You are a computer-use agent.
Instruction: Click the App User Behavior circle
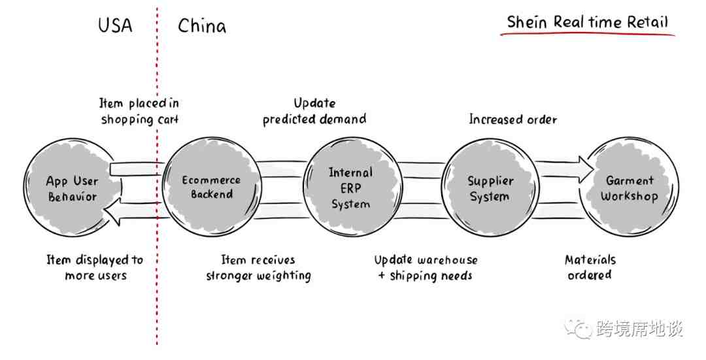coord(72,188)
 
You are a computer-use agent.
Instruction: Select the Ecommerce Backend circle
coord(212,188)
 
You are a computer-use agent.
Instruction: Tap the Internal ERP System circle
coord(353,188)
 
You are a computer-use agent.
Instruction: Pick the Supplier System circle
coord(490,188)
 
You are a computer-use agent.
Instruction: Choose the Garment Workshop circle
coord(629,188)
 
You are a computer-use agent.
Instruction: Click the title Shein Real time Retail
coord(588,22)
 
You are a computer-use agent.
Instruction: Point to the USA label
coord(115,25)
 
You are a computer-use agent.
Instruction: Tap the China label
coord(202,25)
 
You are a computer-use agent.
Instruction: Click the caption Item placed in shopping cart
coord(139,111)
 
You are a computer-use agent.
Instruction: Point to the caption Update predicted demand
coord(314,111)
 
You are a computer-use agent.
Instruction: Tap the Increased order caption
coord(513,120)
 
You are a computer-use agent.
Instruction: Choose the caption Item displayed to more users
coord(95,267)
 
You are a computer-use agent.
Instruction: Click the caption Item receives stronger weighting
coord(258,268)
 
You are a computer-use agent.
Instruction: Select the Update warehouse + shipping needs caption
coord(426,268)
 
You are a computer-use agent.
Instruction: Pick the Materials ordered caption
coord(590,267)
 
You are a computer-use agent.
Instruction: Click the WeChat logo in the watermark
coord(579,328)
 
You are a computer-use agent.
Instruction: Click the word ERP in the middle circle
coord(351,188)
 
